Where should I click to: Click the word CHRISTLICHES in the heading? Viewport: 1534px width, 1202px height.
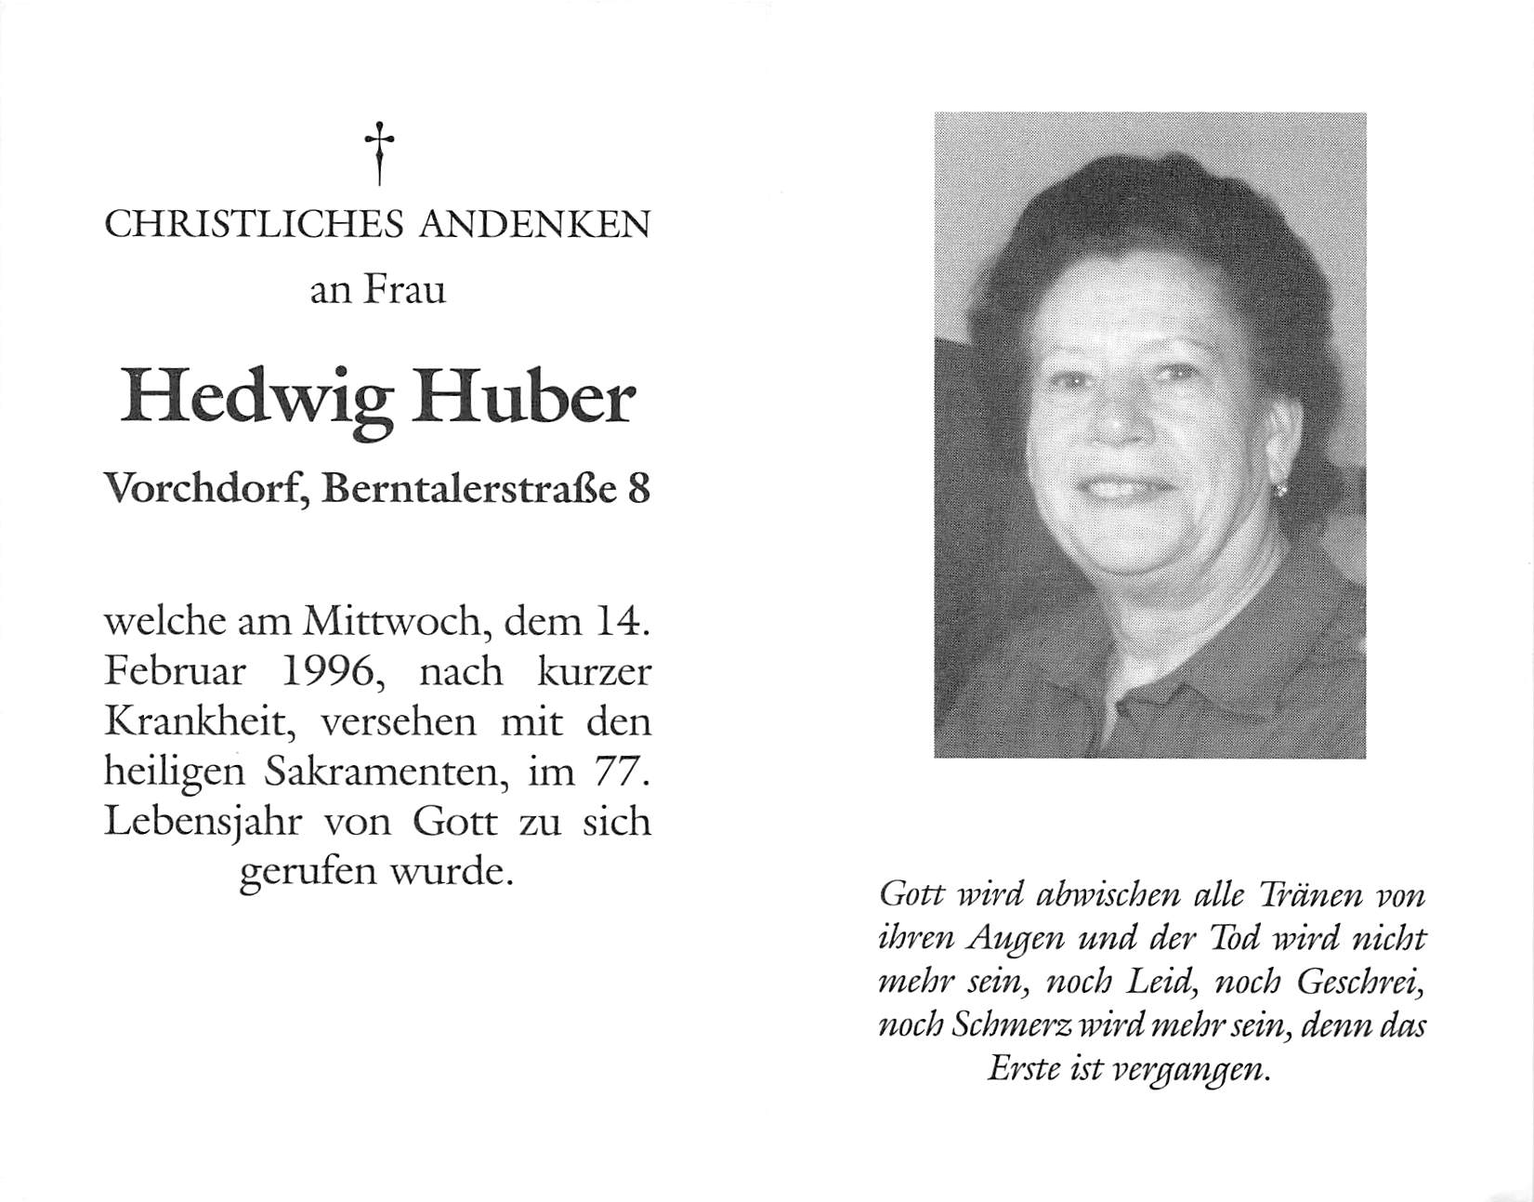(x=254, y=225)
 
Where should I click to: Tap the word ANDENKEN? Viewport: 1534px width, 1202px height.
(x=535, y=225)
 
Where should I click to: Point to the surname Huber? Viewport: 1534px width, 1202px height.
(x=525, y=400)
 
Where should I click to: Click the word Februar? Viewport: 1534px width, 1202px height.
(x=175, y=672)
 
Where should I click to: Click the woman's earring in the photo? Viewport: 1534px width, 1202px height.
(x=1280, y=489)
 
